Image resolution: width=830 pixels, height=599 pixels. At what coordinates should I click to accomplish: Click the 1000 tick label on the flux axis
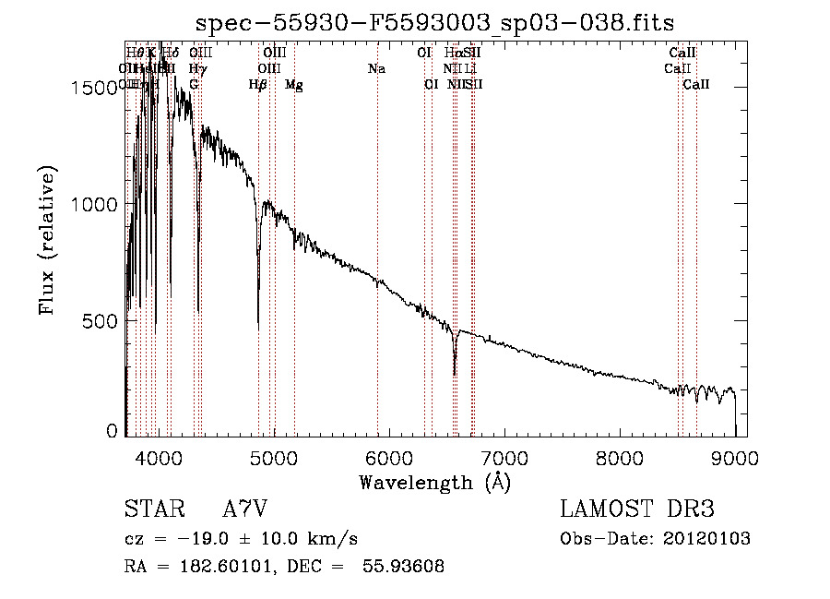tap(98, 204)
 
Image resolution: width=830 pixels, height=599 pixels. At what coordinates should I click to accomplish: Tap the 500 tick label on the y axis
tap(104, 321)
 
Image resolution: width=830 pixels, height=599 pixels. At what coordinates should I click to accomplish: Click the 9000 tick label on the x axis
tap(735, 457)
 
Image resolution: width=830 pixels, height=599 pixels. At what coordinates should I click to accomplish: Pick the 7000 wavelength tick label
tap(504, 457)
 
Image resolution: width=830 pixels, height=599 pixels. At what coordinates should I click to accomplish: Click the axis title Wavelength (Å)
tap(434, 481)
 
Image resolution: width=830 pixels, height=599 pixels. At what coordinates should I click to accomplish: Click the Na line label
tap(376, 69)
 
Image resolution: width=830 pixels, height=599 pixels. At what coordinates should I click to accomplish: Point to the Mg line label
tap(294, 85)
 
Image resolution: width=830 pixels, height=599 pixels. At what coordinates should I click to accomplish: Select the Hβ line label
tap(258, 85)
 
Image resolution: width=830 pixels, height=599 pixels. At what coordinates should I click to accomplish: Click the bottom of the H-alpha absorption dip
tap(455, 374)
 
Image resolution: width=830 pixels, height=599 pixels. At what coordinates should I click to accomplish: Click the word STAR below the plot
tap(154, 509)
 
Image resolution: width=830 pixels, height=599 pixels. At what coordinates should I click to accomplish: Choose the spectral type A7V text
tap(245, 509)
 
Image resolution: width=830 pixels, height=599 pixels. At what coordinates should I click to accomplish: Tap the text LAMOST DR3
tap(636, 509)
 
